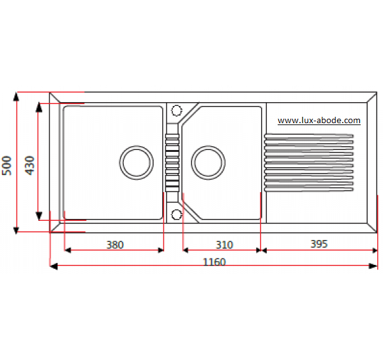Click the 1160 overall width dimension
tap(214, 262)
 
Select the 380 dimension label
tap(115, 244)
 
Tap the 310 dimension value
tap(224, 244)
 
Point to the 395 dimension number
tap(319, 244)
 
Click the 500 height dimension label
tap(7, 165)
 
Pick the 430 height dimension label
tap(30, 165)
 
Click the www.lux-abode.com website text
tap(319, 121)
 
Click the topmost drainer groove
tap(309, 135)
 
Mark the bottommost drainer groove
tap(309, 190)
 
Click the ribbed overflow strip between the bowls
tap(172, 163)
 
